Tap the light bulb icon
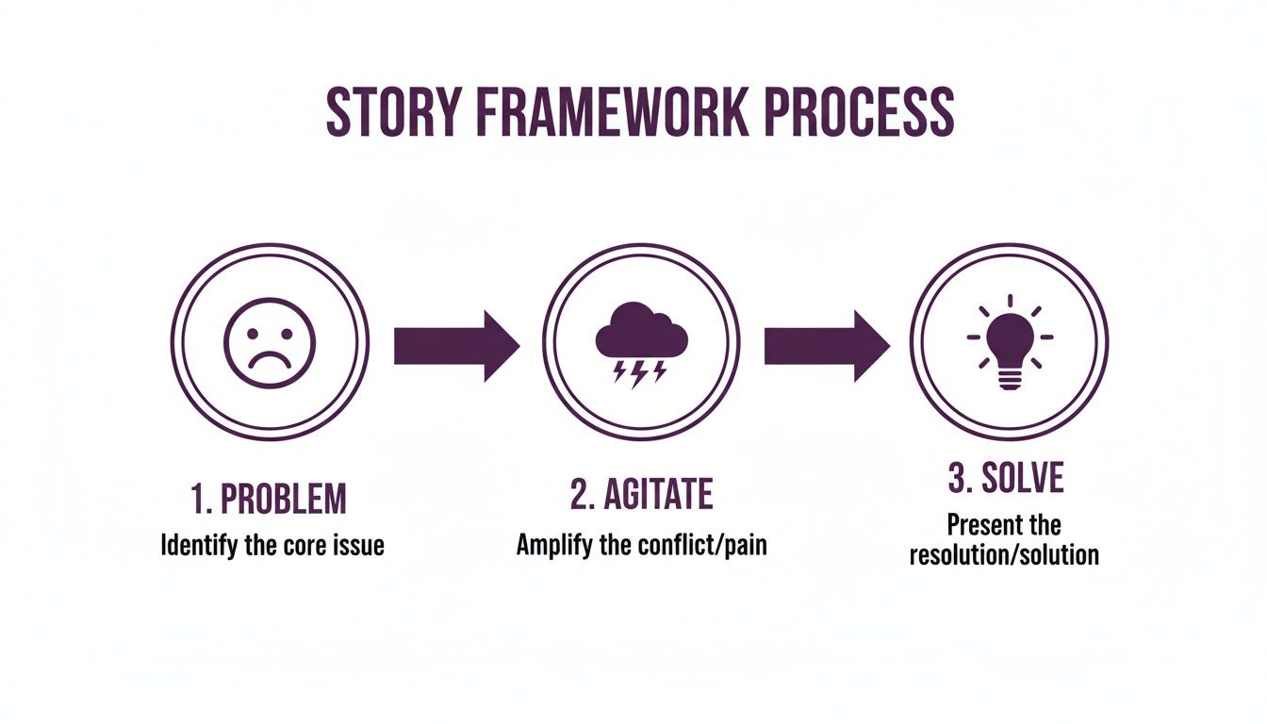1009,341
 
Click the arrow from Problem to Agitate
455,346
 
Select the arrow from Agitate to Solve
826,346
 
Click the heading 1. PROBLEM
269,500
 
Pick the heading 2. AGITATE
641,493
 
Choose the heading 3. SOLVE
1005,479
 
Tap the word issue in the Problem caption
358,545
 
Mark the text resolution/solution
1004,553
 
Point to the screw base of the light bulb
1009,379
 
